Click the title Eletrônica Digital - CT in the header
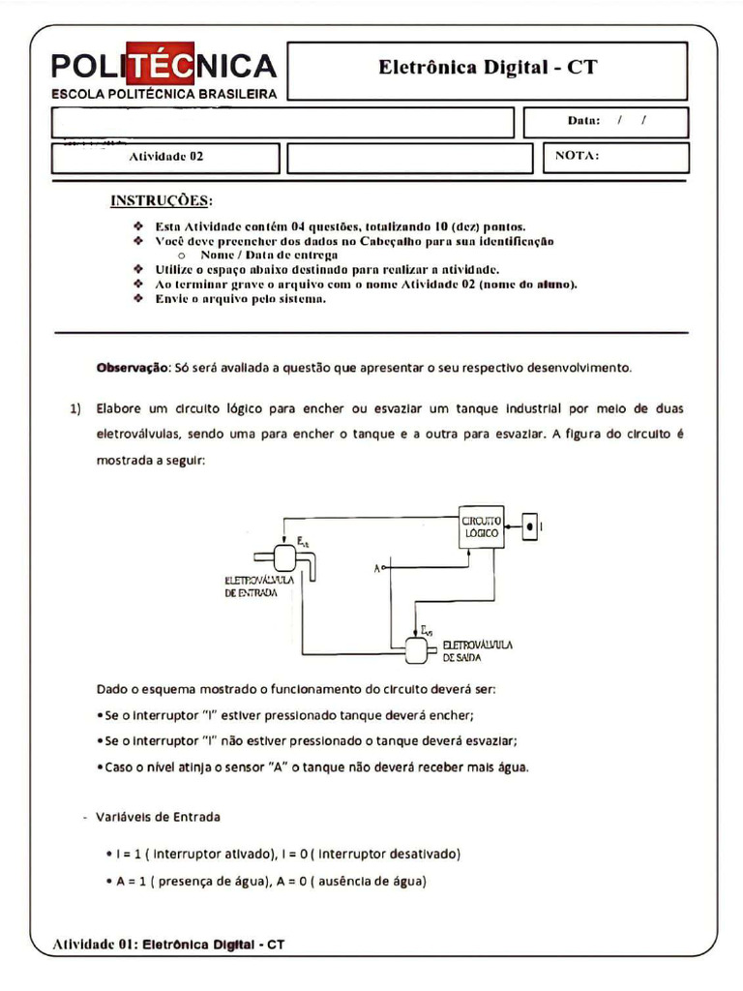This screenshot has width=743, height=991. pyautogui.click(x=488, y=67)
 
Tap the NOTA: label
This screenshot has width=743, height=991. pyautogui.click(x=578, y=155)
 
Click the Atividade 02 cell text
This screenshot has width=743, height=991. pyautogui.click(x=166, y=156)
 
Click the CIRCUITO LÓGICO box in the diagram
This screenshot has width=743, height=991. pyautogui.click(x=481, y=526)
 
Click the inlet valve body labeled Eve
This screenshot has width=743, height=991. pyautogui.click(x=285, y=558)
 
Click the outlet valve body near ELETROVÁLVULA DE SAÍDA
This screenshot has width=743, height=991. pyautogui.click(x=416, y=651)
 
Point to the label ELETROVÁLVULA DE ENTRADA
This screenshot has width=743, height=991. pyautogui.click(x=252, y=586)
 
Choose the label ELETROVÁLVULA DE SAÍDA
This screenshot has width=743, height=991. pyautogui.click(x=477, y=649)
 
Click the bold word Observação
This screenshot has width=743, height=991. pyautogui.click(x=132, y=368)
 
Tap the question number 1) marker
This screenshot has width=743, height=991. pyautogui.click(x=75, y=408)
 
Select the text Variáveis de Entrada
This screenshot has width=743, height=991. pyautogui.click(x=158, y=817)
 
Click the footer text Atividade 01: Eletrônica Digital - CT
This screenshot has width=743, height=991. pyautogui.click(x=169, y=944)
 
